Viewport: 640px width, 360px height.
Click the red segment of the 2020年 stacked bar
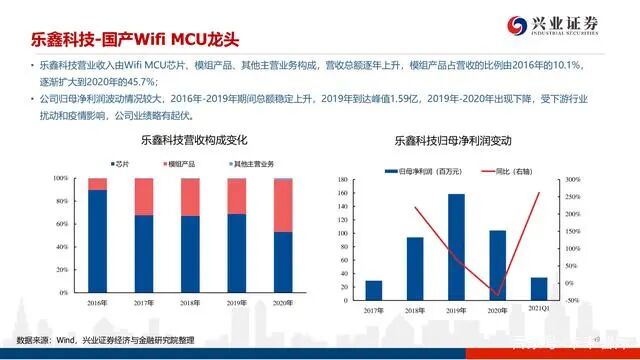(x=284, y=205)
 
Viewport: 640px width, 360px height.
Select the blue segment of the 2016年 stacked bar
(x=98, y=240)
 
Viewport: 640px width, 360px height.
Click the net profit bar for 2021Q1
(x=539, y=287)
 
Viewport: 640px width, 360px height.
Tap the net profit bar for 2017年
(x=374, y=289)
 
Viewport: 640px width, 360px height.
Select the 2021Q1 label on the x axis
(x=539, y=309)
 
